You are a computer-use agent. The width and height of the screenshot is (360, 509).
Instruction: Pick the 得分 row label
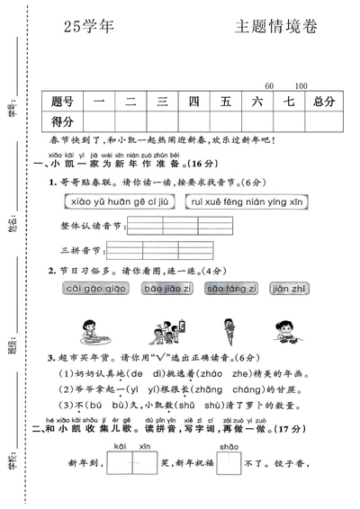63,121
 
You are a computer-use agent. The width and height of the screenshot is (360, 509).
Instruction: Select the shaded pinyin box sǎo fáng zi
231,289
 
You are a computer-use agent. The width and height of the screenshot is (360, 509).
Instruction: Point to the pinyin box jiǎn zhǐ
289,289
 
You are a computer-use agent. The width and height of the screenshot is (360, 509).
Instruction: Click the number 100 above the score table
301,85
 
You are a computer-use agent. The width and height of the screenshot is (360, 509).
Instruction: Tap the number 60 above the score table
270,85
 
